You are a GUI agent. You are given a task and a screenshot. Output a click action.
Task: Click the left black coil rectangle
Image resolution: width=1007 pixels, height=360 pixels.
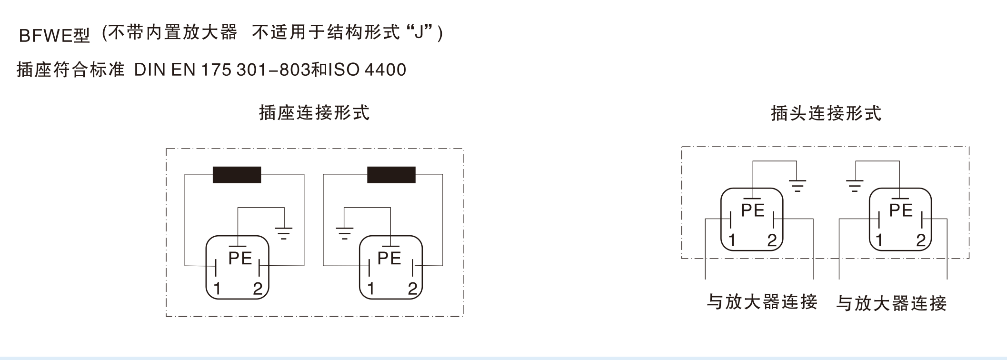tap(237, 175)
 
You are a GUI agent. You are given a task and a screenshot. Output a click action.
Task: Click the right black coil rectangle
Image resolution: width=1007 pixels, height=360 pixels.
tap(391, 175)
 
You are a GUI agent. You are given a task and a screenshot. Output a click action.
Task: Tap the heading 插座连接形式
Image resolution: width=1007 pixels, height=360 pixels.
tap(314, 113)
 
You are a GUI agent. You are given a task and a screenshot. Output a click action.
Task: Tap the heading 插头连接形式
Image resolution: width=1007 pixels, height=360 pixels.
tap(826, 113)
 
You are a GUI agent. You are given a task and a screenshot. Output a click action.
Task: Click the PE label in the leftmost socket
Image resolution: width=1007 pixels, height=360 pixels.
tap(240, 258)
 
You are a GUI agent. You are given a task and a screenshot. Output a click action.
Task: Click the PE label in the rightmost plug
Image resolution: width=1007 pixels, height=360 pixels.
tap(901, 210)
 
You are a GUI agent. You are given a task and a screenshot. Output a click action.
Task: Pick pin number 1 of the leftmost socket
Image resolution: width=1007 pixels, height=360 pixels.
tap(217, 289)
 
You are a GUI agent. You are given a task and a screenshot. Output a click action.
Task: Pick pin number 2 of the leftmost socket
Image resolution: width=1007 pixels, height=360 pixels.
tap(258, 289)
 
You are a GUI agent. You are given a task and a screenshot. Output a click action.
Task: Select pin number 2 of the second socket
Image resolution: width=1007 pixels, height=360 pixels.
tap(412, 289)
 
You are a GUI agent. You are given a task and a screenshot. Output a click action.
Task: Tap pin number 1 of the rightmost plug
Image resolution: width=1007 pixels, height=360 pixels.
tap(879, 240)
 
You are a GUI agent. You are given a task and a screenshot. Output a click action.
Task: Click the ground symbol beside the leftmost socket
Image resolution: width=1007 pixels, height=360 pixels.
tap(283, 233)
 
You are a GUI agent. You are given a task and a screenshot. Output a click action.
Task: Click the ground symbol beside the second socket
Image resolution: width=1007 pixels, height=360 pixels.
tap(344, 233)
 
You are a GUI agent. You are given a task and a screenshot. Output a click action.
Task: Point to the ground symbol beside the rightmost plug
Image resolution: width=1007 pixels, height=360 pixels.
tap(855, 185)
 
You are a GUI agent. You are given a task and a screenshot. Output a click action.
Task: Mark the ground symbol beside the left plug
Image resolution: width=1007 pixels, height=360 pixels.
tap(798, 185)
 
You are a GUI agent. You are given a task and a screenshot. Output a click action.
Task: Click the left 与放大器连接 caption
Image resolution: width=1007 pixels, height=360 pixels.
tap(762, 302)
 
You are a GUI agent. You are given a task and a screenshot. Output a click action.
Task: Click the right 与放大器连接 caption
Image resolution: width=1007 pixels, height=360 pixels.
tap(891, 303)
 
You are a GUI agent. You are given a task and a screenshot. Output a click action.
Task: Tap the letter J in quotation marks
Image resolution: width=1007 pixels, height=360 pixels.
tap(419, 33)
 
